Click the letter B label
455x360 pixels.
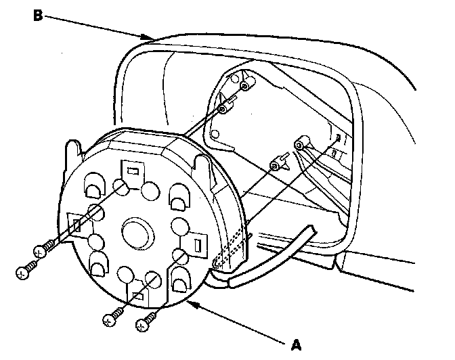tap(39, 15)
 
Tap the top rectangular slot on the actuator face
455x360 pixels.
tap(133, 172)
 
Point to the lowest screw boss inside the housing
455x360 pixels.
tap(276, 165)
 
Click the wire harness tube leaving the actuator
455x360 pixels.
tap(271, 261)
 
